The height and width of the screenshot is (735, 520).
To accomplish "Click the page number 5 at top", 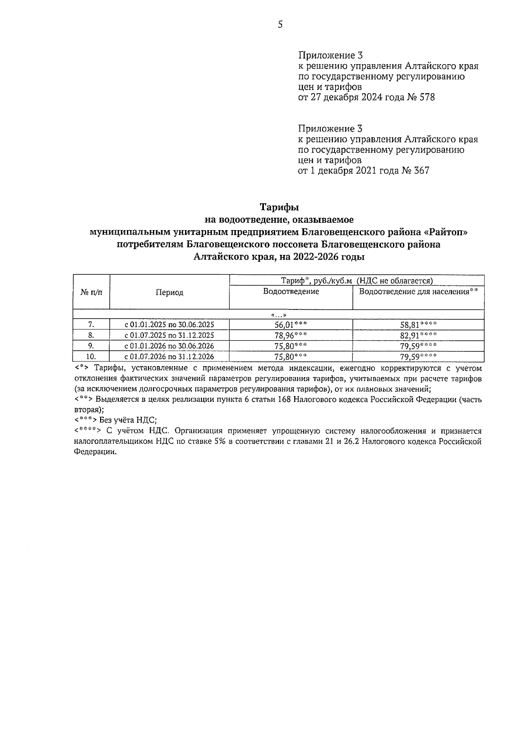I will pos(280,25).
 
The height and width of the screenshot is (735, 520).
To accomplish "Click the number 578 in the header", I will pos(427,98).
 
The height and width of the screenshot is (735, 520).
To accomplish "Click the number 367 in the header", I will pos(421,171).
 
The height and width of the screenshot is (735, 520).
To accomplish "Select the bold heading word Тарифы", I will pos(279,207).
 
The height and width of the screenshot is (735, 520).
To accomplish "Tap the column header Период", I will pos(169,293).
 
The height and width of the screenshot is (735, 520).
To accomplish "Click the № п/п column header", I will pos(91,293).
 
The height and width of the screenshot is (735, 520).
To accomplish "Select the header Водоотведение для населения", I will pos(418,292).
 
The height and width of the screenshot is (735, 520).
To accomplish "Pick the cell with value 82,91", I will pos(418,335).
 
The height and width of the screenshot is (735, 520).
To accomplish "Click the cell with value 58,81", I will pos(418,325).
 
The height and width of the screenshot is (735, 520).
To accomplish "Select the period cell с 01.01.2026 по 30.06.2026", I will pos(169,346).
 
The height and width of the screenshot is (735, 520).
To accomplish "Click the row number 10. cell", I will pos(91,357).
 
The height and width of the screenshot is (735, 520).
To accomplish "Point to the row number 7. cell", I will pos(91,325).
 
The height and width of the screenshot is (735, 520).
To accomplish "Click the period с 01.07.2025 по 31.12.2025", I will pos(169,335).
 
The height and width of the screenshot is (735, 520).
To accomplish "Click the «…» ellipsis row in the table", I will pos(279,315).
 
